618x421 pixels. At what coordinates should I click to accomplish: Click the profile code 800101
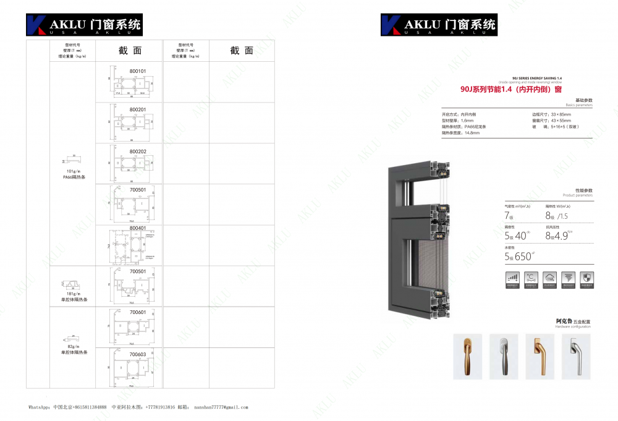click(x=138, y=71)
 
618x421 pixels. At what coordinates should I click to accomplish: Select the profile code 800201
click(x=138, y=109)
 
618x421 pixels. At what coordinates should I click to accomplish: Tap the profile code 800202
click(x=138, y=151)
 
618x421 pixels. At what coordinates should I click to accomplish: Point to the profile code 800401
click(x=138, y=228)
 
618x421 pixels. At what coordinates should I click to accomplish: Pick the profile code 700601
click(x=138, y=312)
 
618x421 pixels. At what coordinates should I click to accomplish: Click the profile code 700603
click(x=138, y=354)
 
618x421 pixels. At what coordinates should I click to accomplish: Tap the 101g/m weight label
click(x=74, y=171)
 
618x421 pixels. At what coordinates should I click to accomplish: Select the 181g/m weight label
click(x=74, y=294)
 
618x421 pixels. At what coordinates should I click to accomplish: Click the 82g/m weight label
click(x=74, y=347)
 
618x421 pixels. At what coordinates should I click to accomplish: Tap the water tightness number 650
click(x=523, y=257)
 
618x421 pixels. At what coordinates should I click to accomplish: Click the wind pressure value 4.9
click(x=559, y=236)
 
